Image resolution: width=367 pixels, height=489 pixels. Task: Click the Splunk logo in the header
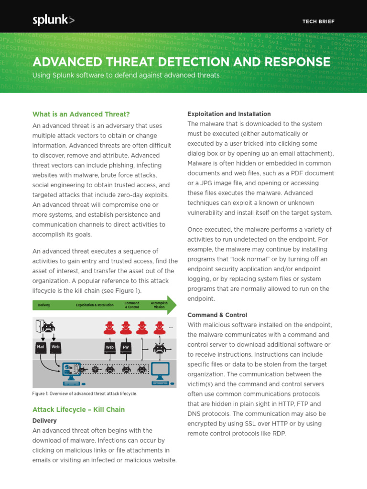point(53,20)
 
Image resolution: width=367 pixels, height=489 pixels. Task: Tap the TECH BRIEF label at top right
point(318,21)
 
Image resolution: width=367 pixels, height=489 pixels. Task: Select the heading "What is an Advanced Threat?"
point(81,114)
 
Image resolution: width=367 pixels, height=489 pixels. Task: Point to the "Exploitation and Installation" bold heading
point(229,114)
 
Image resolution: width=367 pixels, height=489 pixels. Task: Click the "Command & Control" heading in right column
point(217,315)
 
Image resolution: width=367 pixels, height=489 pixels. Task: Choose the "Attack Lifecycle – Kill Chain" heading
point(78,410)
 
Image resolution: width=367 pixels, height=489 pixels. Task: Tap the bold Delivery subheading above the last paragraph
point(44,421)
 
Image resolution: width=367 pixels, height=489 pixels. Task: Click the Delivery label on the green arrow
point(44,305)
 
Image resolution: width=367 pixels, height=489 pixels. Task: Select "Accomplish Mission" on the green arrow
point(159,305)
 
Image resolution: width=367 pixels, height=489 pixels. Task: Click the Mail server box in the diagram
point(41,347)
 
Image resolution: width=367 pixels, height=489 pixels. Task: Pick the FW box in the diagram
point(126,347)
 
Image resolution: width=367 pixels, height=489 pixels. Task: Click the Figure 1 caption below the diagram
point(85,393)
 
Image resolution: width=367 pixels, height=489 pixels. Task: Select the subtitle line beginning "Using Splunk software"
point(126,75)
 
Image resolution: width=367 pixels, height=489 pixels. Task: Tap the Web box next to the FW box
point(110,347)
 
